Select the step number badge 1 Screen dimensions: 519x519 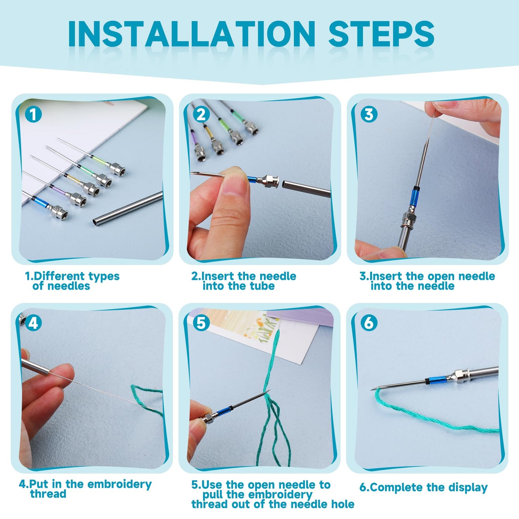33,114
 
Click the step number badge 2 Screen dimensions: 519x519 201,114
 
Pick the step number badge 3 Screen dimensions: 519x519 369,114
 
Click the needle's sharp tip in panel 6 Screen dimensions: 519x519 371,389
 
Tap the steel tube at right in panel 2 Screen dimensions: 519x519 307,189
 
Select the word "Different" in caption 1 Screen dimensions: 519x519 59,276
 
